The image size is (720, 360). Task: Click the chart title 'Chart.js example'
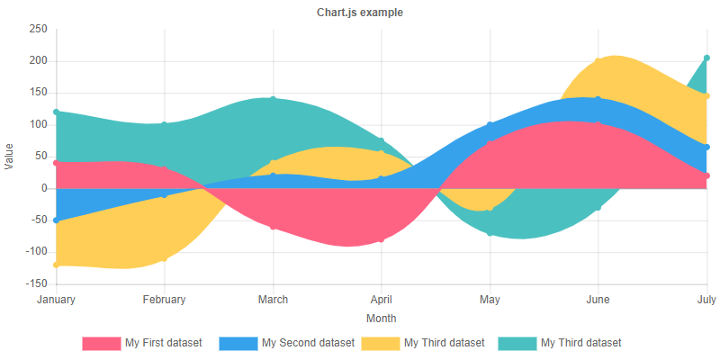(x=360, y=13)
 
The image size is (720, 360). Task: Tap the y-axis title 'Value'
(x=10, y=157)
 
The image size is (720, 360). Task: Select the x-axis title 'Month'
(x=382, y=319)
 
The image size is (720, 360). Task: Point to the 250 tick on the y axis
(x=38, y=29)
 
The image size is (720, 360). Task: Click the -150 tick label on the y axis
(x=35, y=284)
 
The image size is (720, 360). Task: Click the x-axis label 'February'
(x=164, y=300)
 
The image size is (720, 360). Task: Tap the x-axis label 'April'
(x=382, y=300)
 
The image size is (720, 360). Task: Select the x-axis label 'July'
(x=706, y=300)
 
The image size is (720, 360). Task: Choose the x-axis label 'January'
(x=56, y=300)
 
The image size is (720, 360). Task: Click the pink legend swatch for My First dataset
(x=101, y=343)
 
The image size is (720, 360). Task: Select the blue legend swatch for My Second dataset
(x=238, y=343)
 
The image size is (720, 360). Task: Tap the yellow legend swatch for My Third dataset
(x=380, y=343)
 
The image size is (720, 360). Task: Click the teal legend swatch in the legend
(x=517, y=343)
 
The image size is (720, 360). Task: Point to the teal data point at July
(x=706, y=58)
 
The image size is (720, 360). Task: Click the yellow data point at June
(x=598, y=61)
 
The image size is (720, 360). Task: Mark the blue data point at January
(x=56, y=220)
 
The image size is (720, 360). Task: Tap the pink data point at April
(x=382, y=239)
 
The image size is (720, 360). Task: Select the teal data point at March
(x=273, y=99)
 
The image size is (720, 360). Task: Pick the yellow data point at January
(x=56, y=265)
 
